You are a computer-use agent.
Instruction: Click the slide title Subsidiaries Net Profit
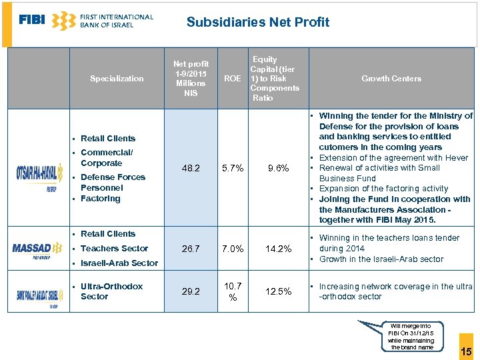point(257,22)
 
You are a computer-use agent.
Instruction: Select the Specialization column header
point(117,79)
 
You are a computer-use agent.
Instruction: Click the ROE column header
point(233,79)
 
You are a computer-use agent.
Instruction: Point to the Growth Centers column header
point(391,79)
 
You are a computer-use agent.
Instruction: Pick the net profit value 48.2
point(191,169)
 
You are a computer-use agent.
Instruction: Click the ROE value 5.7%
point(233,169)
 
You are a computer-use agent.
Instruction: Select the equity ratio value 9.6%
point(278,169)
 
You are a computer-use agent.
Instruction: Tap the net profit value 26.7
point(191,249)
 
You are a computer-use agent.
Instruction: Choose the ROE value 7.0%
point(233,249)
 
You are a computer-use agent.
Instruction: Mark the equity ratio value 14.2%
point(278,249)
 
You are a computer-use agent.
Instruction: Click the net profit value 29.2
point(191,291)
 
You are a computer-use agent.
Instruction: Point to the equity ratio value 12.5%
point(278,291)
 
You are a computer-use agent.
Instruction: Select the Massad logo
point(37,249)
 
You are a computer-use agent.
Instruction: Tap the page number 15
point(466,351)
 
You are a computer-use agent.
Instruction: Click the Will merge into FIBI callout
point(411,337)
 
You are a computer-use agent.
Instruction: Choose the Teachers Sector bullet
point(114,249)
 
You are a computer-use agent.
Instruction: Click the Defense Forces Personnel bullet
point(113,182)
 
